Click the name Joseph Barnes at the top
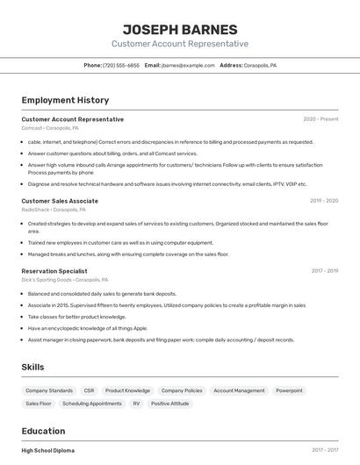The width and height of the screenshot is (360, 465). (180, 29)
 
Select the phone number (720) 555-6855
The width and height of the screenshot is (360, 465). (121, 66)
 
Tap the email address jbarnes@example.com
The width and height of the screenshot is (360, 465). (188, 66)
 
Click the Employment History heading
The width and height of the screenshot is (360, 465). (65, 100)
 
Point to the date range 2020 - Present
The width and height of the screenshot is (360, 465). (320, 119)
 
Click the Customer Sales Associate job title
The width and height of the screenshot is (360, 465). (60, 201)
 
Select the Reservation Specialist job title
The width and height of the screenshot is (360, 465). (54, 271)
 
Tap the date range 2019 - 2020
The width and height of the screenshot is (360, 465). (324, 201)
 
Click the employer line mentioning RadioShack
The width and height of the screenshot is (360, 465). (54, 211)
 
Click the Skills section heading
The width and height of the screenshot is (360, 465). (32, 367)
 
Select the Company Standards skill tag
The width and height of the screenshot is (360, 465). (49, 390)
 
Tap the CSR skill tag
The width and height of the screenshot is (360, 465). (89, 390)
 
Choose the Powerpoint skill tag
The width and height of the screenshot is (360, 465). (289, 390)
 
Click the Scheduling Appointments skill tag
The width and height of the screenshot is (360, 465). (92, 404)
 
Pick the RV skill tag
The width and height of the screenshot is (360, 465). (136, 404)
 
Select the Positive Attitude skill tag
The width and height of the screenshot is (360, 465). (169, 404)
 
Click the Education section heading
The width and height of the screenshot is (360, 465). (43, 431)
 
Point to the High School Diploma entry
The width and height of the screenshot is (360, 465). (48, 450)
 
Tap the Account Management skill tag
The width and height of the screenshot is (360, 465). (239, 390)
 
